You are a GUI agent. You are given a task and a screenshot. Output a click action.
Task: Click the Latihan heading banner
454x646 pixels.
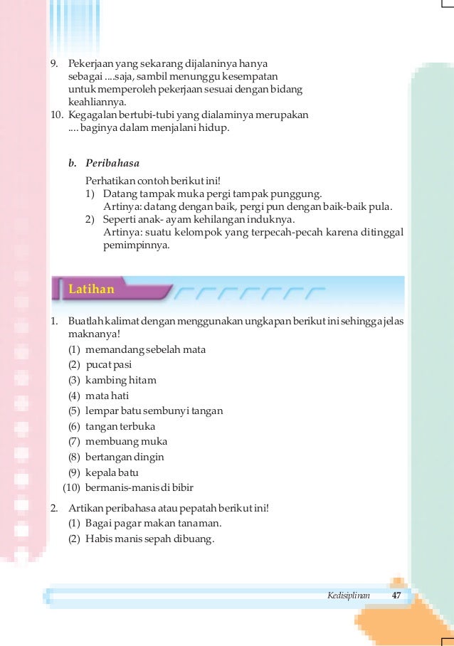91,290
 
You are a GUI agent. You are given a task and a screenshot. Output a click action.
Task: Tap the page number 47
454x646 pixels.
397,595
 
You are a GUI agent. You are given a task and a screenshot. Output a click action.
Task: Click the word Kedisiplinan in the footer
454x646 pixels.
349,595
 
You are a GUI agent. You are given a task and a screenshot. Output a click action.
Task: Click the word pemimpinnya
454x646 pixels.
137,245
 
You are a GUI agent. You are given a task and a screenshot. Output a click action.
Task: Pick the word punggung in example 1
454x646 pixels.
300,194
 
